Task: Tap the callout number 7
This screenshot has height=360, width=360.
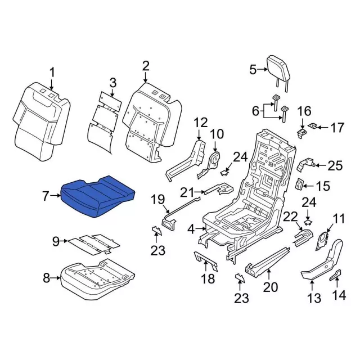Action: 46,196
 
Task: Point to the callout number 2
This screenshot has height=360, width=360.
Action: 146,66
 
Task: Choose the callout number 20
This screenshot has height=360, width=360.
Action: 270,287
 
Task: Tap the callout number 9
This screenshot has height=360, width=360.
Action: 56,241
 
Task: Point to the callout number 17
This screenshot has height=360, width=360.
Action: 336,128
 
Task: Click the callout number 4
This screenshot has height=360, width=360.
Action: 191,229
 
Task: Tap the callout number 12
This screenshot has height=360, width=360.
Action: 201,122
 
